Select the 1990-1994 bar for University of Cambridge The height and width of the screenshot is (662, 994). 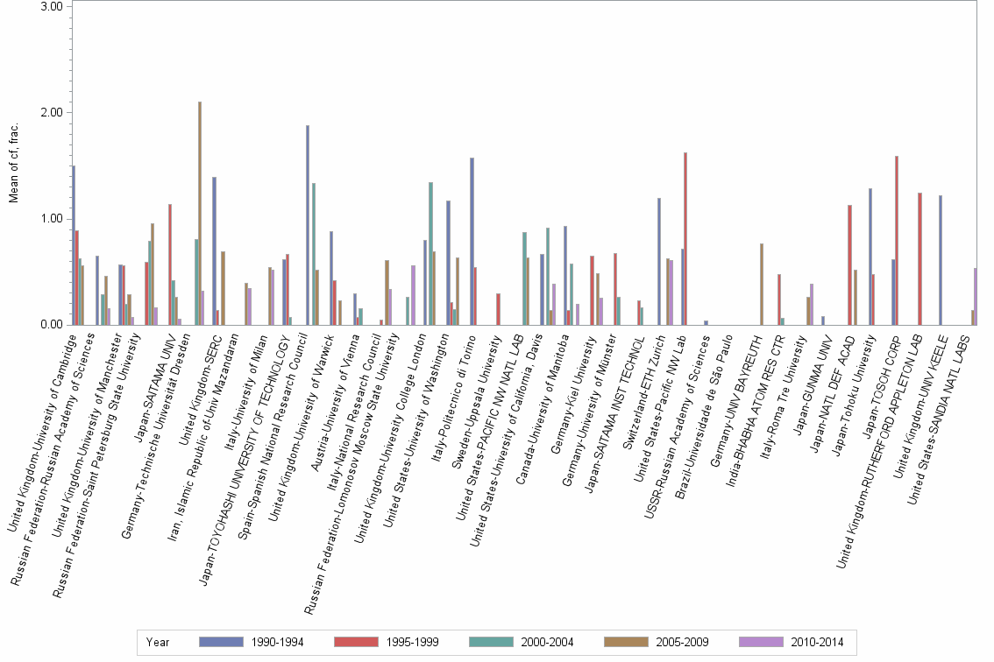click(x=74, y=245)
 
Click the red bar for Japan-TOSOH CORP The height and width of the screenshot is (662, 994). click(x=896, y=241)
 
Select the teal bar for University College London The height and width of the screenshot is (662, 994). click(x=430, y=254)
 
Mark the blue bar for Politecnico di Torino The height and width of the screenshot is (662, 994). click(x=472, y=242)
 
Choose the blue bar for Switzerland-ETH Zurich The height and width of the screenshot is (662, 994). click(x=658, y=262)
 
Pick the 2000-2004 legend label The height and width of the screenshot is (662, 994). click(x=548, y=643)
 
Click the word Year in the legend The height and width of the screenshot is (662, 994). click(x=158, y=643)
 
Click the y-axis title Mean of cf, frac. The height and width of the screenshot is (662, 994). click(x=13, y=165)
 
